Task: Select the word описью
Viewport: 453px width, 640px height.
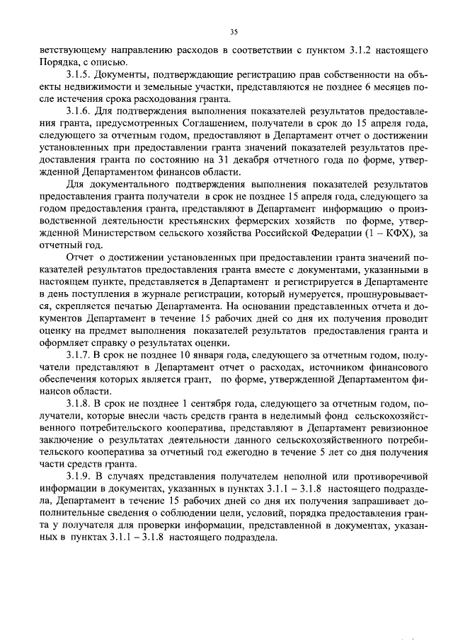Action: coord(110,62)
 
